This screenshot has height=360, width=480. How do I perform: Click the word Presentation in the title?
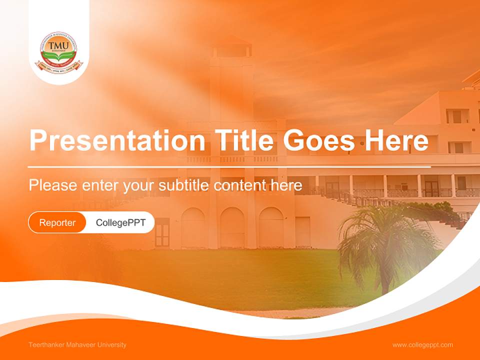coord(116,141)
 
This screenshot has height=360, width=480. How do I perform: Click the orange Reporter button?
coord(57,222)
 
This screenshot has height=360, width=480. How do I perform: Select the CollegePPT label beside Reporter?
coord(120,222)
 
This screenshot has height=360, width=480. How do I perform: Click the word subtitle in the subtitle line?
coord(184,185)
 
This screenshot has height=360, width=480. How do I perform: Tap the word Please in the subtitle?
coord(52,185)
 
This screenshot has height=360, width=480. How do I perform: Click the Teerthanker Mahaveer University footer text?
coord(77,345)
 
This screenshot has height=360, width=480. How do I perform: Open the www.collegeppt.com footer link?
coord(422,345)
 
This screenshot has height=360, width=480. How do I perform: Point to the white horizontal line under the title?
coord(229,166)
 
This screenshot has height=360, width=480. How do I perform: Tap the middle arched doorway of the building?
coord(232,227)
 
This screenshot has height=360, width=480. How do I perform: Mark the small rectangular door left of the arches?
coord(162,232)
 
